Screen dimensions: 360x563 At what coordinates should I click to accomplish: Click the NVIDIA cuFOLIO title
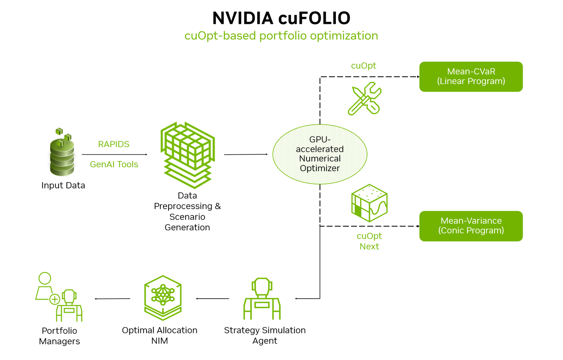(281, 18)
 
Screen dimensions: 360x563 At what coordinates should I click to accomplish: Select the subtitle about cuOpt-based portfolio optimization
(281, 36)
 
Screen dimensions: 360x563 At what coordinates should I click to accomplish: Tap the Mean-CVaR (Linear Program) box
(471, 77)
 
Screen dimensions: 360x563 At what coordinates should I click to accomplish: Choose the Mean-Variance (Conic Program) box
(471, 226)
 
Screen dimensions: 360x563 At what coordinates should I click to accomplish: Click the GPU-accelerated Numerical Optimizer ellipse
(320, 154)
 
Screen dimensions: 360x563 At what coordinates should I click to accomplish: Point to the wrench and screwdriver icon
(364, 99)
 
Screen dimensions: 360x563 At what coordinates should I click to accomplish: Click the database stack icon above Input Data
(62, 154)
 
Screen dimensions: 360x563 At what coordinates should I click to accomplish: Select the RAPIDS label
(113, 144)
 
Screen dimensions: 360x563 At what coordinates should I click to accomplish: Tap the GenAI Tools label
(114, 164)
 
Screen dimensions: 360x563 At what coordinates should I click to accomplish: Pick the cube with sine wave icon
(369, 203)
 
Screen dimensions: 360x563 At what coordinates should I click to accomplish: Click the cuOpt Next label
(369, 241)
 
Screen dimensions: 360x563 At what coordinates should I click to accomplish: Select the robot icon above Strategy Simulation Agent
(262, 299)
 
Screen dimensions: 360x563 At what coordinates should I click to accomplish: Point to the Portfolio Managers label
(59, 336)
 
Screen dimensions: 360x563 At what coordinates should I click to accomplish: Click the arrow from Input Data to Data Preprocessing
(114, 155)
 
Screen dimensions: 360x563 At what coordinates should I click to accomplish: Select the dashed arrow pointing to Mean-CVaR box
(369, 77)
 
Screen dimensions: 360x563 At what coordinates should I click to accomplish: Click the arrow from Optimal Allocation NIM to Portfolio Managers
(113, 299)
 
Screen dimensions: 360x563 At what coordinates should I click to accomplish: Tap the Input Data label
(63, 185)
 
